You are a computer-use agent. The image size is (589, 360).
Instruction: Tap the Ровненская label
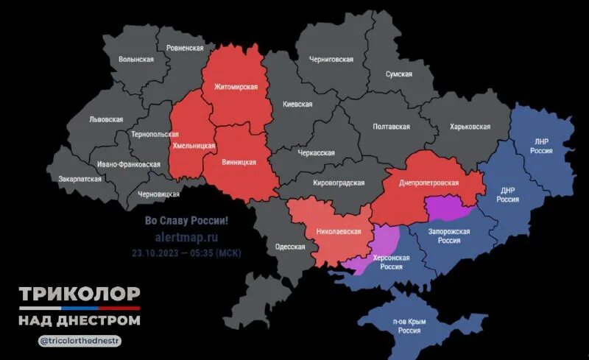[x=185, y=47]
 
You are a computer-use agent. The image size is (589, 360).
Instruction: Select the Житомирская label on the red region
[x=235, y=87]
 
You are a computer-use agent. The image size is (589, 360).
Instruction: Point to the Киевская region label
[x=297, y=105]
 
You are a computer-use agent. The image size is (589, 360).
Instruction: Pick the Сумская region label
[x=403, y=74]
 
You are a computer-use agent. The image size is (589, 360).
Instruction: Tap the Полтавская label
[x=391, y=127]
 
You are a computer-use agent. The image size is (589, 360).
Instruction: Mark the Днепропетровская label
[x=429, y=183]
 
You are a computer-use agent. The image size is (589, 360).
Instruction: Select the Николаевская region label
[x=339, y=231]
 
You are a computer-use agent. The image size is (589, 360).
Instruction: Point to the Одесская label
[x=289, y=247]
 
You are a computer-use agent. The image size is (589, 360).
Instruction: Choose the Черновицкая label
[x=158, y=194]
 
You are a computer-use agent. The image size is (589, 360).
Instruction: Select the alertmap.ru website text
[x=186, y=237]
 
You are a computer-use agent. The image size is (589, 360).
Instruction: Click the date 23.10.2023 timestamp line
[x=186, y=253]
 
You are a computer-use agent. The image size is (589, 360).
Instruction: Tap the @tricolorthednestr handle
[x=80, y=341]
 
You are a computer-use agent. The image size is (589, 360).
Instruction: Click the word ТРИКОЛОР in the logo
[x=79, y=294]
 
